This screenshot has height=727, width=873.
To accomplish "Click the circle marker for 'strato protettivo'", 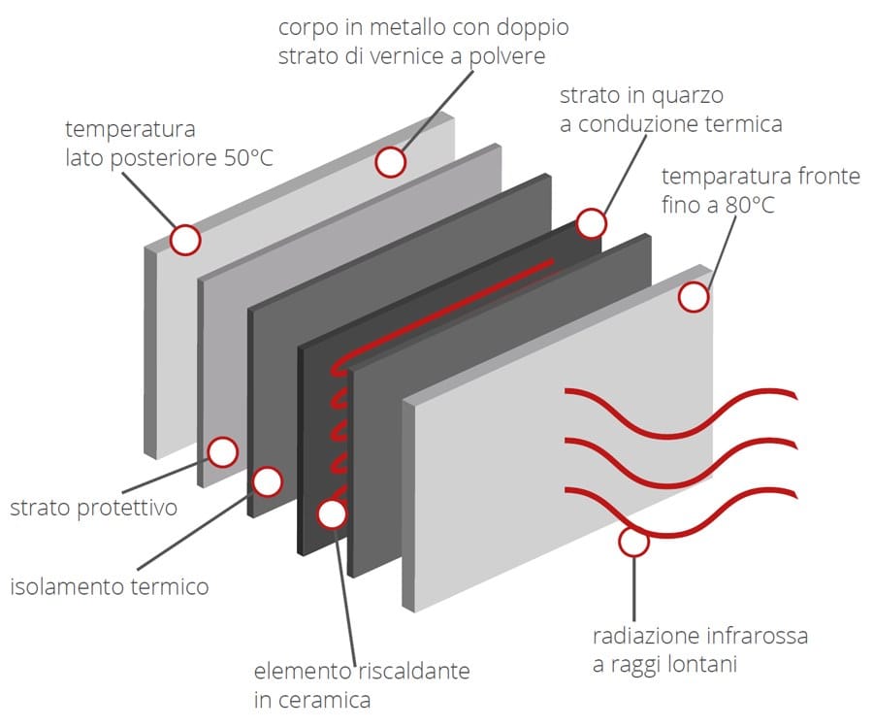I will pos(223,451).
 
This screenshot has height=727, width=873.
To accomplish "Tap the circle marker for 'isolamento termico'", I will pos(267,481).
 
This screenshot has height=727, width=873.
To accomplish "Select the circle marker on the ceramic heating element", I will pos(332,513).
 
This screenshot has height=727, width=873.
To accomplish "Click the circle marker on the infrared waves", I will pos(632,542).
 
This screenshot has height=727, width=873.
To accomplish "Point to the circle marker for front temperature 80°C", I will pos(694,297).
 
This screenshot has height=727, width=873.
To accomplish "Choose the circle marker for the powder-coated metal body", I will pos(390,162).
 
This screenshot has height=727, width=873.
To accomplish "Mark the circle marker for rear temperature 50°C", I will pos(184,239).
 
